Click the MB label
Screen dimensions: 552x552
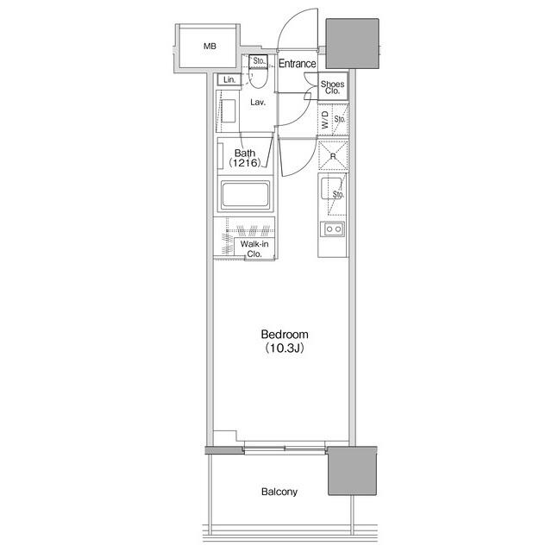point(210,46)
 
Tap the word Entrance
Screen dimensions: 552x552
point(297,63)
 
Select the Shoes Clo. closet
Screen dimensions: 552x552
point(333,86)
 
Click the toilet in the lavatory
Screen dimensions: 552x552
point(258,78)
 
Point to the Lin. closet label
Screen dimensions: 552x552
point(229,80)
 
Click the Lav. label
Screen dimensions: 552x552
point(258,103)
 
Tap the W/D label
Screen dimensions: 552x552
point(325,120)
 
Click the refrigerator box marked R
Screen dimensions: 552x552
point(333,155)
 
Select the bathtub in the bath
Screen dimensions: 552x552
point(245,195)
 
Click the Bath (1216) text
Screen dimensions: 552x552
point(245,158)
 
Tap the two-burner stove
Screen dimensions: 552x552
point(333,229)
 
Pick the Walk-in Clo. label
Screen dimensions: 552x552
point(254,248)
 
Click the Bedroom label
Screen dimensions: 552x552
point(285,334)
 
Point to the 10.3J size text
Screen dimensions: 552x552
point(285,348)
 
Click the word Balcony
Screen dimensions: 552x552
point(279,492)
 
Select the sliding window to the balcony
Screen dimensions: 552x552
point(285,448)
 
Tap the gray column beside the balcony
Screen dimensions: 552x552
point(353,471)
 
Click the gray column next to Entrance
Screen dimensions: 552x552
point(353,44)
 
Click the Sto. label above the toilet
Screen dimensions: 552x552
point(259,61)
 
